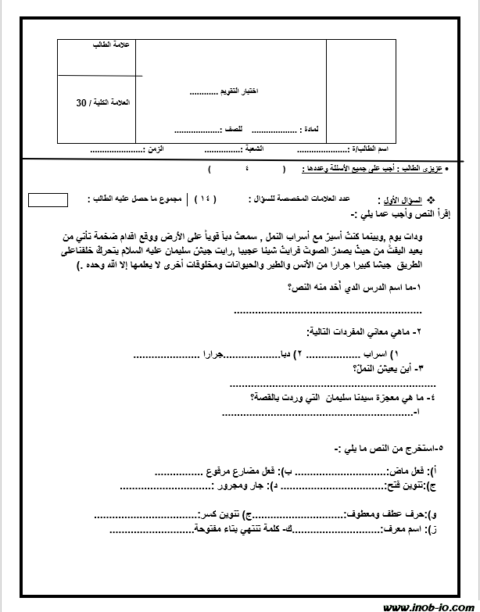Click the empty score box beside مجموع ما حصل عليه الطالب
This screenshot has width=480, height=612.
pyautogui.click(x=47, y=199)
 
